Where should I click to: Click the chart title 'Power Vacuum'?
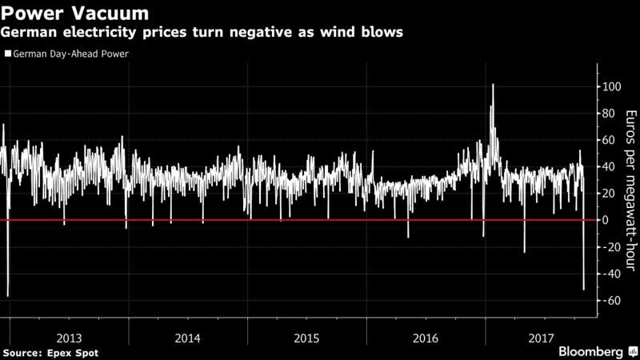tap(74, 13)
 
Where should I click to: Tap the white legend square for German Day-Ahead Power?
tap(8, 54)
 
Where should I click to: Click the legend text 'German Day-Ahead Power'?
tap(70, 54)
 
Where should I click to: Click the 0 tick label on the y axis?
tap(605, 220)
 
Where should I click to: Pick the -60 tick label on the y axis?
tap(610, 301)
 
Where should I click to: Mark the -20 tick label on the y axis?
tap(610, 247)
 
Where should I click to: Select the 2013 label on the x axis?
tap(69, 338)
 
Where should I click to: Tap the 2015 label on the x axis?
tap(306, 338)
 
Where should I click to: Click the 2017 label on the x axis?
tap(542, 338)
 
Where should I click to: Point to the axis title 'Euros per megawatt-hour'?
tap(631, 190)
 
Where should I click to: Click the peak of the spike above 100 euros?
tap(493, 85)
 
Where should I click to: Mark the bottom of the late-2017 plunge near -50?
tap(584, 290)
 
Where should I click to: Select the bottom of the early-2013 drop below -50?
tap(8, 296)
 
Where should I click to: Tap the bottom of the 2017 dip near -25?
tap(525, 252)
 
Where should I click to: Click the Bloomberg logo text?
tap(590, 351)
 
